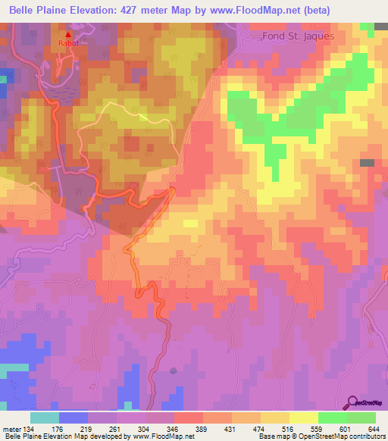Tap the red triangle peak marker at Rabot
point(68,35)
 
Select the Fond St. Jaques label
point(298,36)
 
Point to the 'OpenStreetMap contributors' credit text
point(339,436)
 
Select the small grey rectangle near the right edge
point(367,163)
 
